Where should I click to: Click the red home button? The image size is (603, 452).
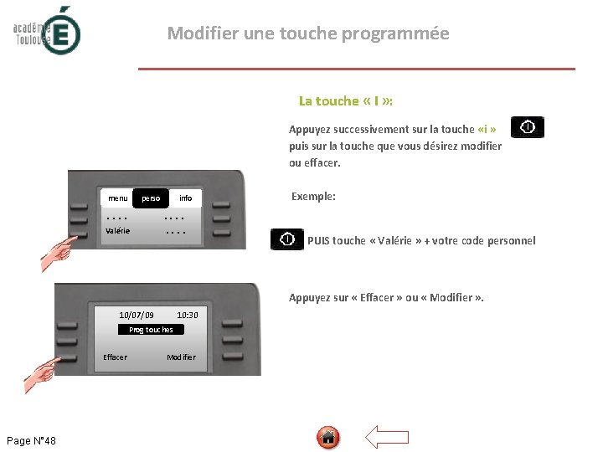coord(328,438)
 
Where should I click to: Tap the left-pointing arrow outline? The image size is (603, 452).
coord(386,437)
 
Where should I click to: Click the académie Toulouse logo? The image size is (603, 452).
coord(47,31)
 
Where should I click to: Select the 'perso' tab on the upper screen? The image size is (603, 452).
coord(151,198)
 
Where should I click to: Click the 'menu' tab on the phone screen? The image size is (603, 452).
coord(118,198)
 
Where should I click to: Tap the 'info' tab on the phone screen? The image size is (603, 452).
coord(185,198)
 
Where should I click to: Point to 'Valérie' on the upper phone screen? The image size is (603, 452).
coord(118,231)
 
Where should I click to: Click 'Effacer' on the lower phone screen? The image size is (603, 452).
coord(115,357)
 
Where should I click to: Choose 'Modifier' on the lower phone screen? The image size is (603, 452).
coord(182,357)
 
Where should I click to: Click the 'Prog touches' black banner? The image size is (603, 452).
coord(151,330)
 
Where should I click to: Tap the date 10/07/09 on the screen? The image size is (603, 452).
coord(137,316)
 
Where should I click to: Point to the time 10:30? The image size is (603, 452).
coord(188,316)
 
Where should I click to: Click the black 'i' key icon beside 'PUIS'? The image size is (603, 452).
coord(287,239)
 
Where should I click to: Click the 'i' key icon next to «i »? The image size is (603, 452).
coord(528,127)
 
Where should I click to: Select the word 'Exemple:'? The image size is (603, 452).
coord(313,197)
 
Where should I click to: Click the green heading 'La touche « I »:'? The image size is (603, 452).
coord(346,100)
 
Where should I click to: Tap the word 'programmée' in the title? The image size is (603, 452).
coord(395,33)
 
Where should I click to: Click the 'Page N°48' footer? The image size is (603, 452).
coord(31,440)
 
